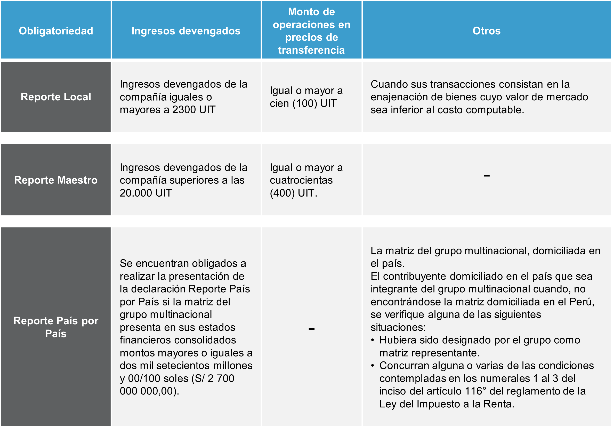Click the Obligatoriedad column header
point(56,31)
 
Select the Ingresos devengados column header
point(186,31)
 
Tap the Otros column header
point(487,31)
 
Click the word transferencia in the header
point(311,50)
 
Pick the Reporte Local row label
point(56,97)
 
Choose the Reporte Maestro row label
point(56,180)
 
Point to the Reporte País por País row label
point(56,327)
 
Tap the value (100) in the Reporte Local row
point(305,103)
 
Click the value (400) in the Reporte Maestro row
point(282,193)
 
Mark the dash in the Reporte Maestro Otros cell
point(487,176)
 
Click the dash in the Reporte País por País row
point(311,329)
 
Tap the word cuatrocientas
point(301,180)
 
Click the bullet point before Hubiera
point(373,340)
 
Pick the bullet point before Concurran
point(373,366)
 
